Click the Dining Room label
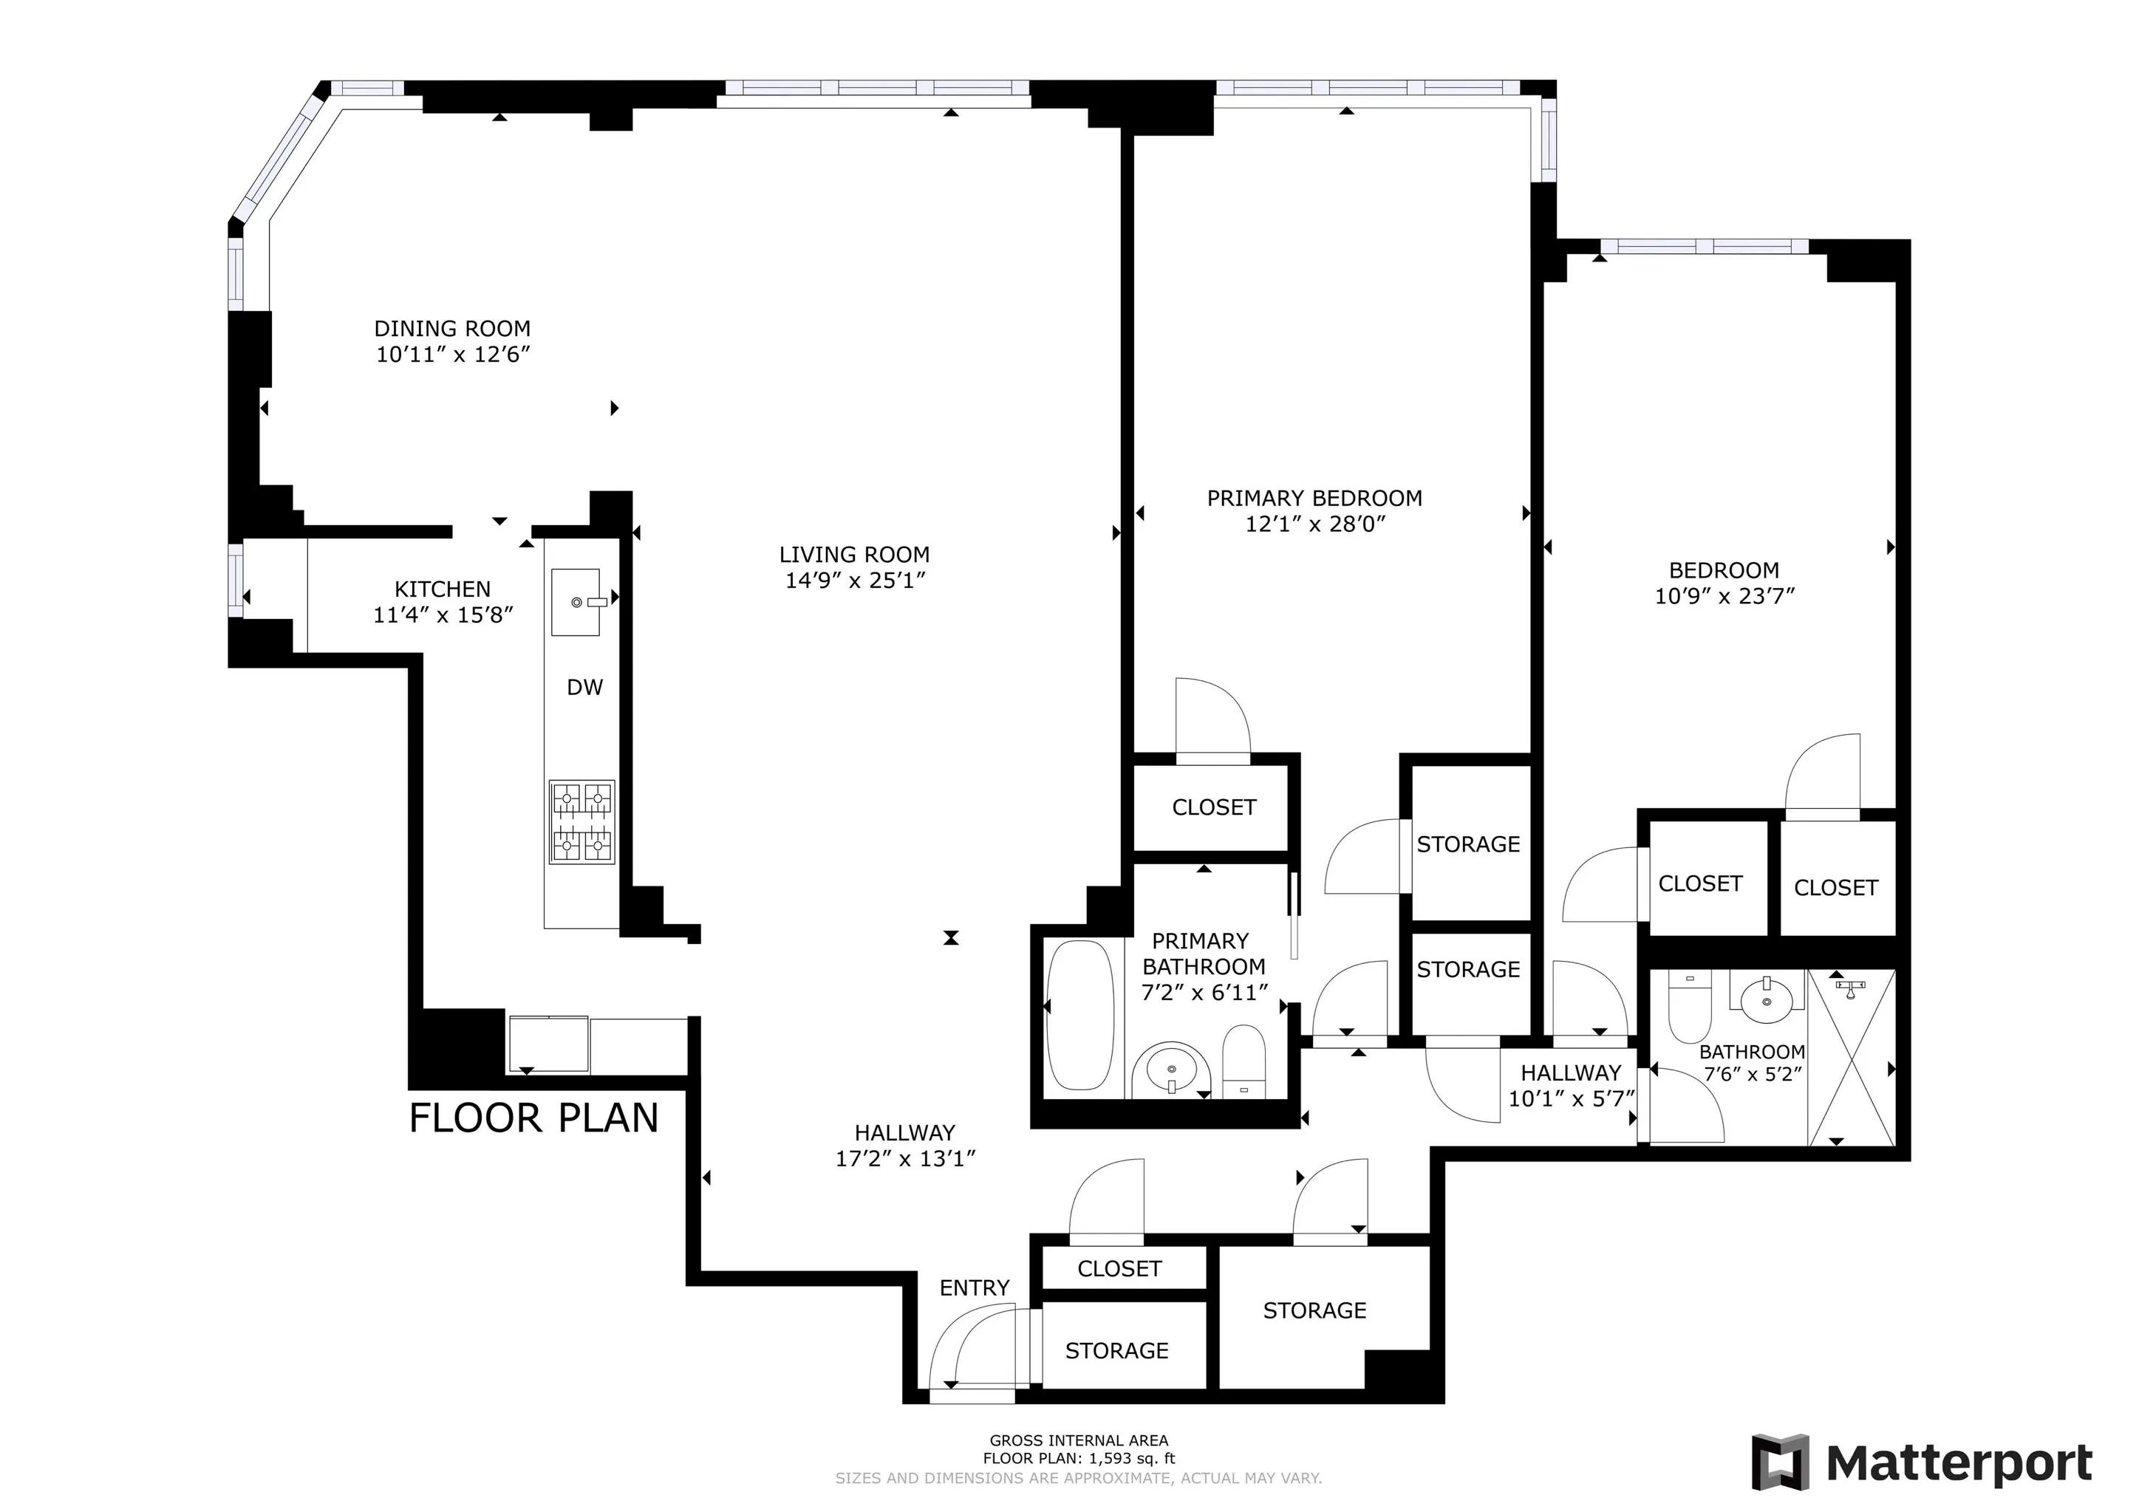point(452,329)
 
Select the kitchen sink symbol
point(576,603)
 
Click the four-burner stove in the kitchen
point(582,821)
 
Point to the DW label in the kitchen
point(585,688)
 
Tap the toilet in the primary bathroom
point(1244,1062)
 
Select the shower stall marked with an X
point(1851,1058)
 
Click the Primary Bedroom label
point(1314,499)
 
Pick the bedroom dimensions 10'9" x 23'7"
point(1724,596)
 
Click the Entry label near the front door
point(975,1287)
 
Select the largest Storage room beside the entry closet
point(1314,1311)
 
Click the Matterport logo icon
point(1781,1462)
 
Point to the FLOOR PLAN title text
point(533,1118)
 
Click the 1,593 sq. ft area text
point(1079,1459)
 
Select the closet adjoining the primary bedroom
point(1214,807)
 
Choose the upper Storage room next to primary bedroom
point(1468,844)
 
